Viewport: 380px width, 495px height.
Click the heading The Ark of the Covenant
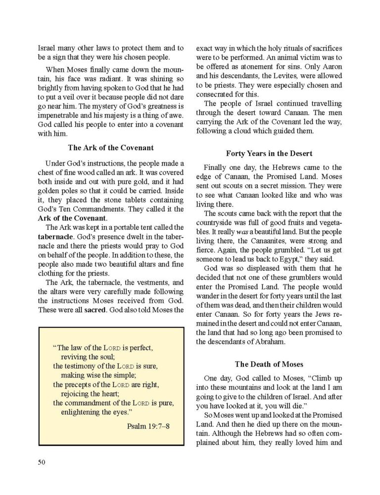[x=110, y=147]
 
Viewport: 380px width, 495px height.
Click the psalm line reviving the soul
[x=87, y=356]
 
